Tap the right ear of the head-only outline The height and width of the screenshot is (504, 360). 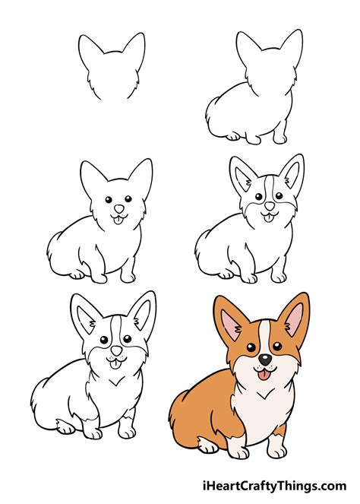(x=134, y=49)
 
